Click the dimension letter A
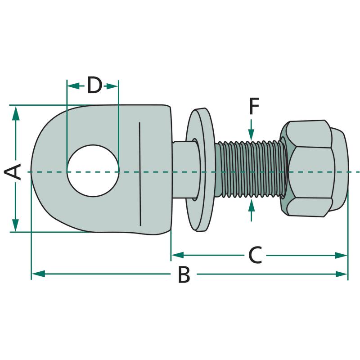(x=13, y=172)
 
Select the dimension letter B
(x=184, y=274)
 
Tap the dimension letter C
(x=255, y=256)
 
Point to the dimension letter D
(x=94, y=85)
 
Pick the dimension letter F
(x=254, y=107)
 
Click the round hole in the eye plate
(x=93, y=171)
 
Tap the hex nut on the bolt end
(x=313, y=168)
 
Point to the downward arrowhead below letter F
(x=251, y=134)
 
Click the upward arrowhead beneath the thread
(x=251, y=206)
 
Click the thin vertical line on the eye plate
(x=140, y=173)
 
